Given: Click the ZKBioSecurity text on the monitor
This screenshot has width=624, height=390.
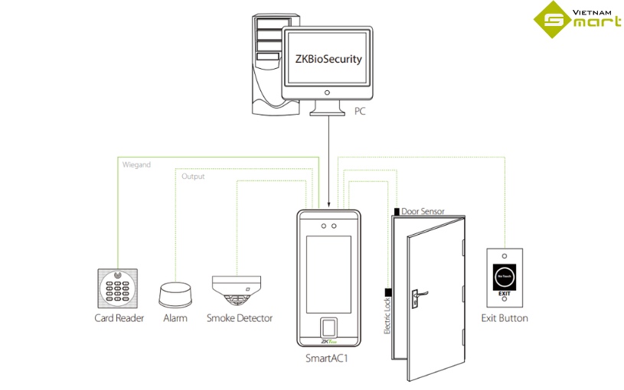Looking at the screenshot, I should click(328, 59).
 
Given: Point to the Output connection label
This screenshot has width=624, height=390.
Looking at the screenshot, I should click(193, 177).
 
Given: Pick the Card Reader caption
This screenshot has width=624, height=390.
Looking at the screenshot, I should click(119, 318).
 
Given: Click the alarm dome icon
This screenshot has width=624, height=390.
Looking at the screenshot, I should click(175, 294).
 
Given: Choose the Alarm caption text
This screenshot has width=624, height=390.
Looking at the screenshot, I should click(175, 318).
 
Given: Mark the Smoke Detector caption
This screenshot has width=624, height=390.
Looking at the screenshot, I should click(239, 318).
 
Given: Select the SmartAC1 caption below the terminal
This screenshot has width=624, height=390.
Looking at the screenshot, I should click(327, 357).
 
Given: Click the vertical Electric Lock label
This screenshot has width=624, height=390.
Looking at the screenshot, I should click(387, 314).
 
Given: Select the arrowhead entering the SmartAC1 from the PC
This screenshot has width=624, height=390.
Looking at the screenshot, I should click(328, 205).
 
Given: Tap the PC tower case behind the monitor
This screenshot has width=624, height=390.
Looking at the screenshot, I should click(265, 65).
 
